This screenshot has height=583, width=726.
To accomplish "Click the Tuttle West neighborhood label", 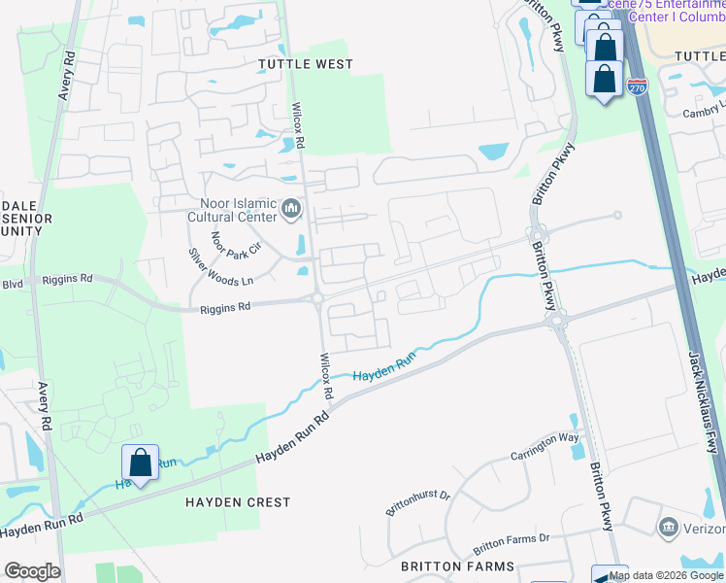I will click(x=305, y=64).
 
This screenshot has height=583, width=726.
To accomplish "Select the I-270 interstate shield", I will click(x=637, y=87).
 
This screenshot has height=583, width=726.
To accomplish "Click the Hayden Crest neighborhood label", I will click(x=238, y=502).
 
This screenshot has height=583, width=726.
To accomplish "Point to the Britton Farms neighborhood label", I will click(x=449, y=566).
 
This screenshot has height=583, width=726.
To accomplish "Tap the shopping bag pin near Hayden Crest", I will click(x=140, y=463).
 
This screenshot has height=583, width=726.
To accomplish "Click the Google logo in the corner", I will click(x=32, y=571).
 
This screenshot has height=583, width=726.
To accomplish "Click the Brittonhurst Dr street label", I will click(x=419, y=503).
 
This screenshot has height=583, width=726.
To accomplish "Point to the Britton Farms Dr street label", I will click(x=511, y=543).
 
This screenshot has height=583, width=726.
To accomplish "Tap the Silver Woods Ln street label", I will click(x=221, y=265).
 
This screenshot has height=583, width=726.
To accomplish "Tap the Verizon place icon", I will click(x=668, y=529).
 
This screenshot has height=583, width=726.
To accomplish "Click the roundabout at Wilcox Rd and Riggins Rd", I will click(x=317, y=299).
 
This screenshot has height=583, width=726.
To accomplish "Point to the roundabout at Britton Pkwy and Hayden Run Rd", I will click(x=554, y=318).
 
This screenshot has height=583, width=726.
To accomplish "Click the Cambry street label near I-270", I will click(x=704, y=112).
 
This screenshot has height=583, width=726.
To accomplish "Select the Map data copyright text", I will click(x=666, y=575).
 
